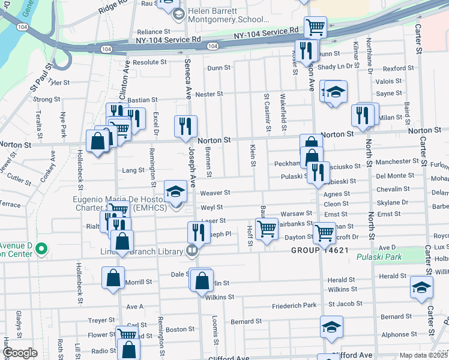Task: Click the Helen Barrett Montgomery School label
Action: [221, 15]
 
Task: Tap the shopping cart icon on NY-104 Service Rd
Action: [315, 27]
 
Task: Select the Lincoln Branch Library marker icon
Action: [192, 250]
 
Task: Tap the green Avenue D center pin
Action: [41, 248]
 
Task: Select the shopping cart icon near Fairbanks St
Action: [266, 228]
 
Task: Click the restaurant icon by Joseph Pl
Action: [197, 232]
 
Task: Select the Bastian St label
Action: [142, 100]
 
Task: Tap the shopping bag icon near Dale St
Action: [203, 280]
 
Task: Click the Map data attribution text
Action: [424, 355]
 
